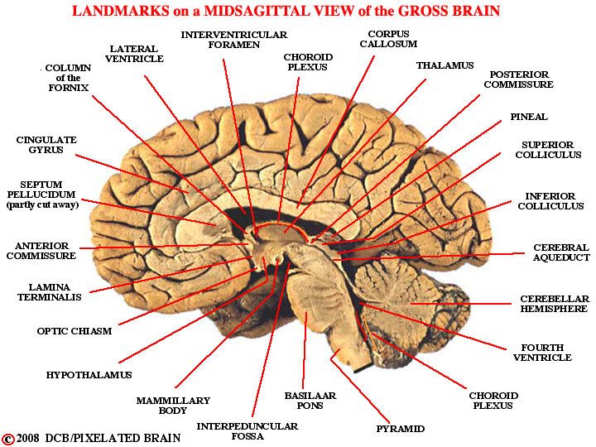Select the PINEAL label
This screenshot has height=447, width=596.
click(528, 118)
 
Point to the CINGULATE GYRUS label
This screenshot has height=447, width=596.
click(46, 146)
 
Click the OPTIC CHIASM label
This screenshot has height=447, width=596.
click(74, 331)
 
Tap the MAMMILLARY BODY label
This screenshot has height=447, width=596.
click(174, 406)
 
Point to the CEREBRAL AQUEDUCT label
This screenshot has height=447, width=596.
click(561, 252)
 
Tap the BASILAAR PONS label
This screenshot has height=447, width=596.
click(310, 401)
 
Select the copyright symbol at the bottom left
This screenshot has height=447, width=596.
click(8, 438)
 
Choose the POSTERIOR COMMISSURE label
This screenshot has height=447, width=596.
click(518, 79)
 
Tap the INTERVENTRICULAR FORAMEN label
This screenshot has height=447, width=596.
click(234, 40)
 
